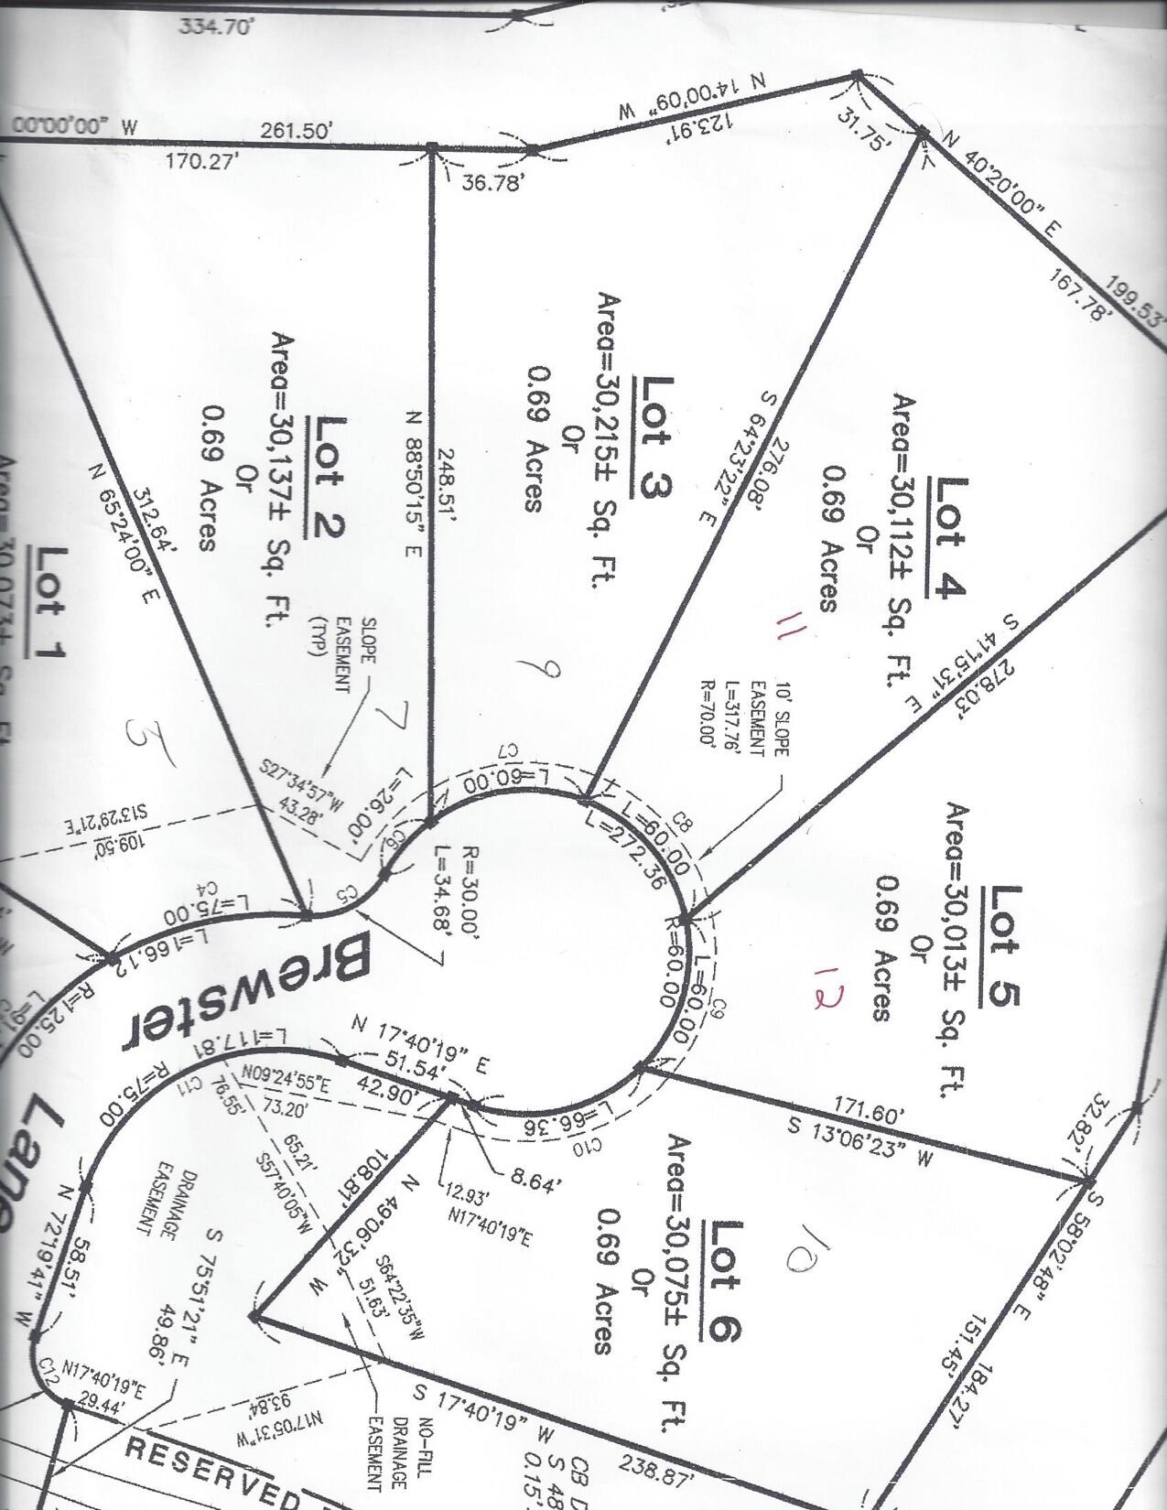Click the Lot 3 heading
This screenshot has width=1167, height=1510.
(x=654, y=437)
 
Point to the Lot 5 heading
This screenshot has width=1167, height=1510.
(x=1004, y=945)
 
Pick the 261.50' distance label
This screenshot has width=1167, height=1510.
(x=294, y=132)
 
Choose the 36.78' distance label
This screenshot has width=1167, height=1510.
(x=494, y=183)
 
